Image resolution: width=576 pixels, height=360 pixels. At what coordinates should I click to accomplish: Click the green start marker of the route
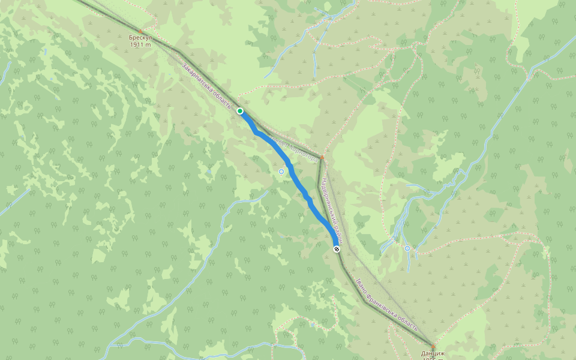[x=240, y=111]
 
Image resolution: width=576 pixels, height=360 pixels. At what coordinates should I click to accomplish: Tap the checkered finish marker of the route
[x=337, y=249]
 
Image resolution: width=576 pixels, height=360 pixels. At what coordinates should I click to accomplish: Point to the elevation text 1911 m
[x=139, y=44]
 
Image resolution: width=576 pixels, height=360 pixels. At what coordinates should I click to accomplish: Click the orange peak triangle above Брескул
[x=140, y=31]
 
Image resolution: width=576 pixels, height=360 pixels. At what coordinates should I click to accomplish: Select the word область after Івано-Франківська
[x=408, y=321]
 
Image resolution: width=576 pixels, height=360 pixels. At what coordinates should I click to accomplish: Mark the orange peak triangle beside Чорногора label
[x=322, y=158]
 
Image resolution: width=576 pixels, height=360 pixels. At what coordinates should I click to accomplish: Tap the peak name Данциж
[x=433, y=353]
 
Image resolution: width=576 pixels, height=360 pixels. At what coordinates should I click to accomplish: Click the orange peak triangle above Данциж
[x=433, y=347]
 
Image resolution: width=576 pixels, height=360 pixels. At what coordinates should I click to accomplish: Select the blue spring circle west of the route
[x=281, y=172]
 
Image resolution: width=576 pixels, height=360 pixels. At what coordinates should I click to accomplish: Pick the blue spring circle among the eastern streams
[x=407, y=248]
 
